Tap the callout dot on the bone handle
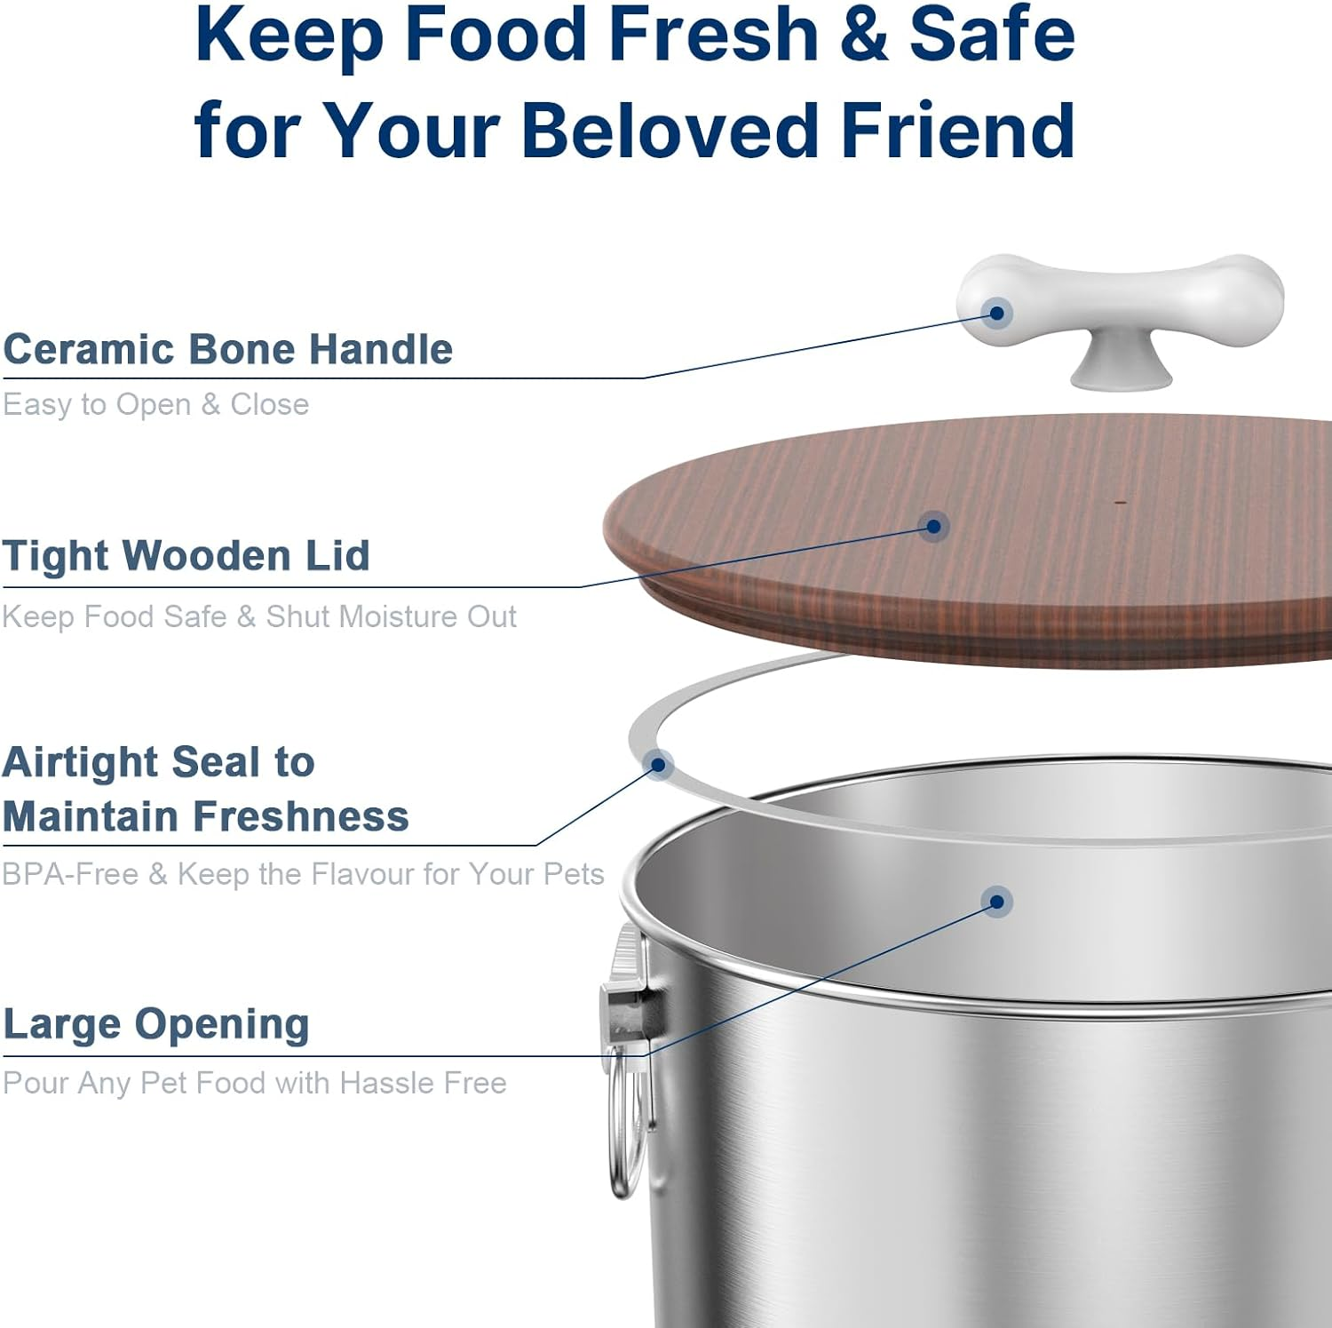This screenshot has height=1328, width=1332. click(997, 313)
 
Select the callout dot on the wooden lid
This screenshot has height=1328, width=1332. click(933, 527)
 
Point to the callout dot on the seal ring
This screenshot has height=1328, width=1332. click(659, 764)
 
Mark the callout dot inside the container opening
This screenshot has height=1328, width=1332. click(997, 903)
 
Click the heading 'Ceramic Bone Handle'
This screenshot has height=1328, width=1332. click(227, 349)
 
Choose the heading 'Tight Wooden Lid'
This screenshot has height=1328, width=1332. click(186, 556)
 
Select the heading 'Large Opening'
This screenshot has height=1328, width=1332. click(156, 1024)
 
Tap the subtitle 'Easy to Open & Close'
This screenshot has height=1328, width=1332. click(155, 405)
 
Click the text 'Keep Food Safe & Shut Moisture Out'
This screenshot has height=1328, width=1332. click(258, 616)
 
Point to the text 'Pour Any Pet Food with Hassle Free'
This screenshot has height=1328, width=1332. click(254, 1084)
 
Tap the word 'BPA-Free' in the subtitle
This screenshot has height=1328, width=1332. click(70, 874)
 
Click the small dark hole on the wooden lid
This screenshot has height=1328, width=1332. click(1121, 503)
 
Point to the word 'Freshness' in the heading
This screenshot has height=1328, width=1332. click(301, 816)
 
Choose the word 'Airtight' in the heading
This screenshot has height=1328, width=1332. click(80, 763)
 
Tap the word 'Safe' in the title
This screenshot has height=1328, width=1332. click(992, 36)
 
